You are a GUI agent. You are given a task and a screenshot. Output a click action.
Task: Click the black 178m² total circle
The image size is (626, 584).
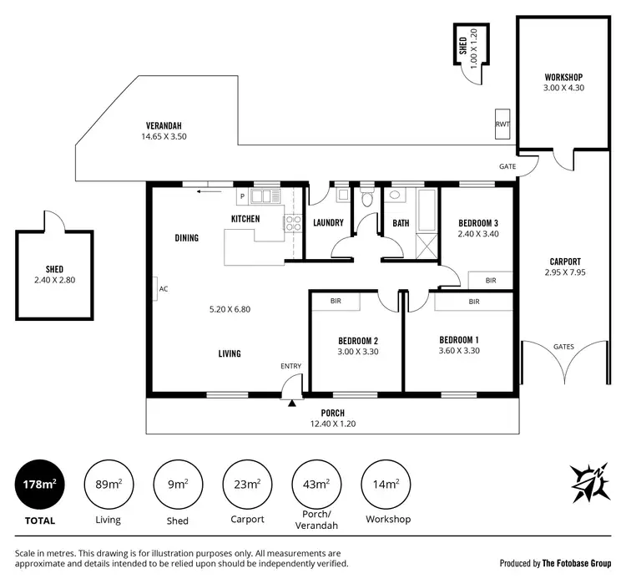(39, 485)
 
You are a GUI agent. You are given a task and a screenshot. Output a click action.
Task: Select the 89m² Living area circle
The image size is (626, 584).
(108, 485)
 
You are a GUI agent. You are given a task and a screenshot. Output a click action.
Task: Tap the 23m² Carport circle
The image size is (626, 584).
(248, 485)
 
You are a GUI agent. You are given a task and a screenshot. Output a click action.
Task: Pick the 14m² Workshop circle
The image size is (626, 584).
(386, 485)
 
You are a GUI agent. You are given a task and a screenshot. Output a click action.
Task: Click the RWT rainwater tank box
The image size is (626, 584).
(502, 124)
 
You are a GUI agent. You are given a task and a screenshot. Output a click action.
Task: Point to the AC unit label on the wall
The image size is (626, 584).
(163, 289)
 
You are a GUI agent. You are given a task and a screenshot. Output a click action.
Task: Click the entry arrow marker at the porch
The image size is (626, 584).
(290, 403)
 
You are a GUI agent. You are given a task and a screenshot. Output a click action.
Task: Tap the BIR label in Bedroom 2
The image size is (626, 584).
(336, 301)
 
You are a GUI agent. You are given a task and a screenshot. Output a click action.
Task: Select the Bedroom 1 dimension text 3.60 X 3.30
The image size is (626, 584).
(458, 351)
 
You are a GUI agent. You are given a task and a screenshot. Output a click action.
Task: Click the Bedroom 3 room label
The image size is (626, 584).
(478, 223)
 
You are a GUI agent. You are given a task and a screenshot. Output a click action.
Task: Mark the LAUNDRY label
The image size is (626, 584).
(329, 223)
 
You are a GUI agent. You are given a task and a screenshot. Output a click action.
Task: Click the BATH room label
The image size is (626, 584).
(401, 223)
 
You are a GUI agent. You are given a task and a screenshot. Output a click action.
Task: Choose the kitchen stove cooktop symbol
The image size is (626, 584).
(293, 223)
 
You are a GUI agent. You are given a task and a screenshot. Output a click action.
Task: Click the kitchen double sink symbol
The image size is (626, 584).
(268, 196)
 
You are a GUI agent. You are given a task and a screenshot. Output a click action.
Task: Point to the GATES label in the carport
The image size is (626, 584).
(563, 347)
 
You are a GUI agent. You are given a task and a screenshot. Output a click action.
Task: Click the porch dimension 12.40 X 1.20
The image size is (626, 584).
(332, 424)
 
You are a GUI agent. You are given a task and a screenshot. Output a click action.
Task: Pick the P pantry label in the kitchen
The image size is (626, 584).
(242, 197)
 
